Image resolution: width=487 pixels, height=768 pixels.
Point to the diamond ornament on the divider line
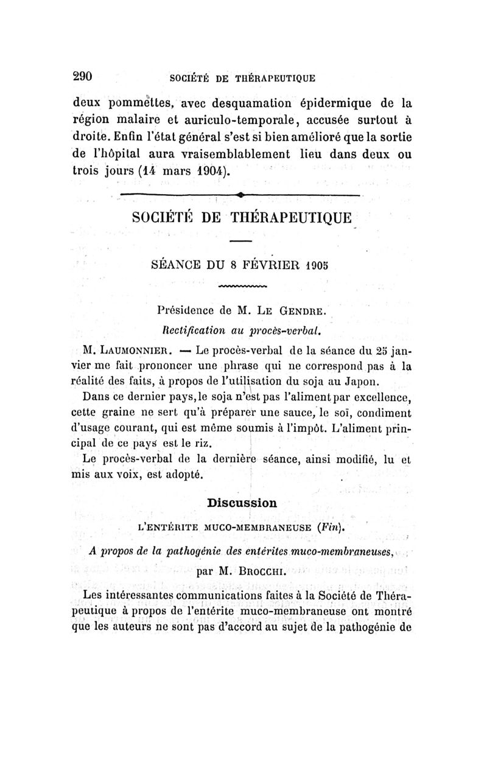(241, 194)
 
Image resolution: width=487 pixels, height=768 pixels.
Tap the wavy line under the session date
(242, 285)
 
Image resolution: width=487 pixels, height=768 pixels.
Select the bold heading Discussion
(242, 503)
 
